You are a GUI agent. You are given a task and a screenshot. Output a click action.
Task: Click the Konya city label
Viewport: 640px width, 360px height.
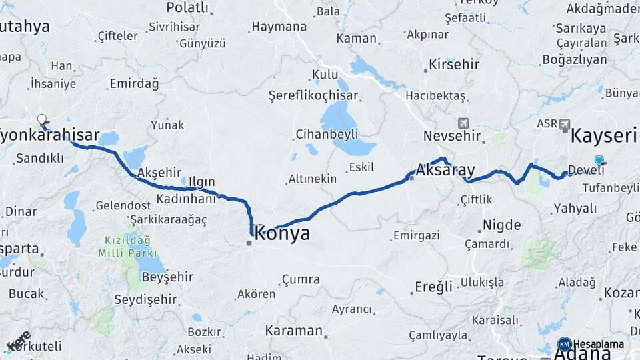tap(283, 234)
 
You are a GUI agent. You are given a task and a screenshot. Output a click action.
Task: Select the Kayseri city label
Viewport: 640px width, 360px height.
tap(604, 137)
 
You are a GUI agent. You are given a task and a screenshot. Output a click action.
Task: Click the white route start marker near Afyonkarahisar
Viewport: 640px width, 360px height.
tap(42, 119)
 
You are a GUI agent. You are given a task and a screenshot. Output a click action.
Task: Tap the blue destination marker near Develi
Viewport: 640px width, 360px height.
tap(599, 160)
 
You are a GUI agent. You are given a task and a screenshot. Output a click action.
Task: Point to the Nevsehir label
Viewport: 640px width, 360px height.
tap(452, 137)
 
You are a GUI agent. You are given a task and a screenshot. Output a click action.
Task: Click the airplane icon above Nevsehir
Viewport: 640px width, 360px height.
tap(464, 123)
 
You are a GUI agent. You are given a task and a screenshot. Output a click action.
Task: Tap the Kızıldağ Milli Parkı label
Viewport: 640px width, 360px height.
tap(127, 247)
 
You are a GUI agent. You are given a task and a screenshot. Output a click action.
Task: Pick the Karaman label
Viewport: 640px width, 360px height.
tap(294, 331)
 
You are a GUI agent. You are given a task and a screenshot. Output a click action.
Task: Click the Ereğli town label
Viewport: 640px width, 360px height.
tap(433, 287)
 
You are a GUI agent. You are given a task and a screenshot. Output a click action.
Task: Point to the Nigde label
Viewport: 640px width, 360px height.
tap(501, 225)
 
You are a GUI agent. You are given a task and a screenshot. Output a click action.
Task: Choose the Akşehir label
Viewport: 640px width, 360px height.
tap(159, 173)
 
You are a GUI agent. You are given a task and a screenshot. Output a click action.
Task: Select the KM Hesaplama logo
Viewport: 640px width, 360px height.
tap(591, 344)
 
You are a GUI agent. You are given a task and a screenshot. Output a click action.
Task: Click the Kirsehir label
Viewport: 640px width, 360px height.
tap(454, 65)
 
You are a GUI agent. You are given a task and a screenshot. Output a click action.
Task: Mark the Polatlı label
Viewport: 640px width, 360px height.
tap(187, 8)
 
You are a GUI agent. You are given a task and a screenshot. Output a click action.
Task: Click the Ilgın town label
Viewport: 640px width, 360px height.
tap(202, 181)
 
